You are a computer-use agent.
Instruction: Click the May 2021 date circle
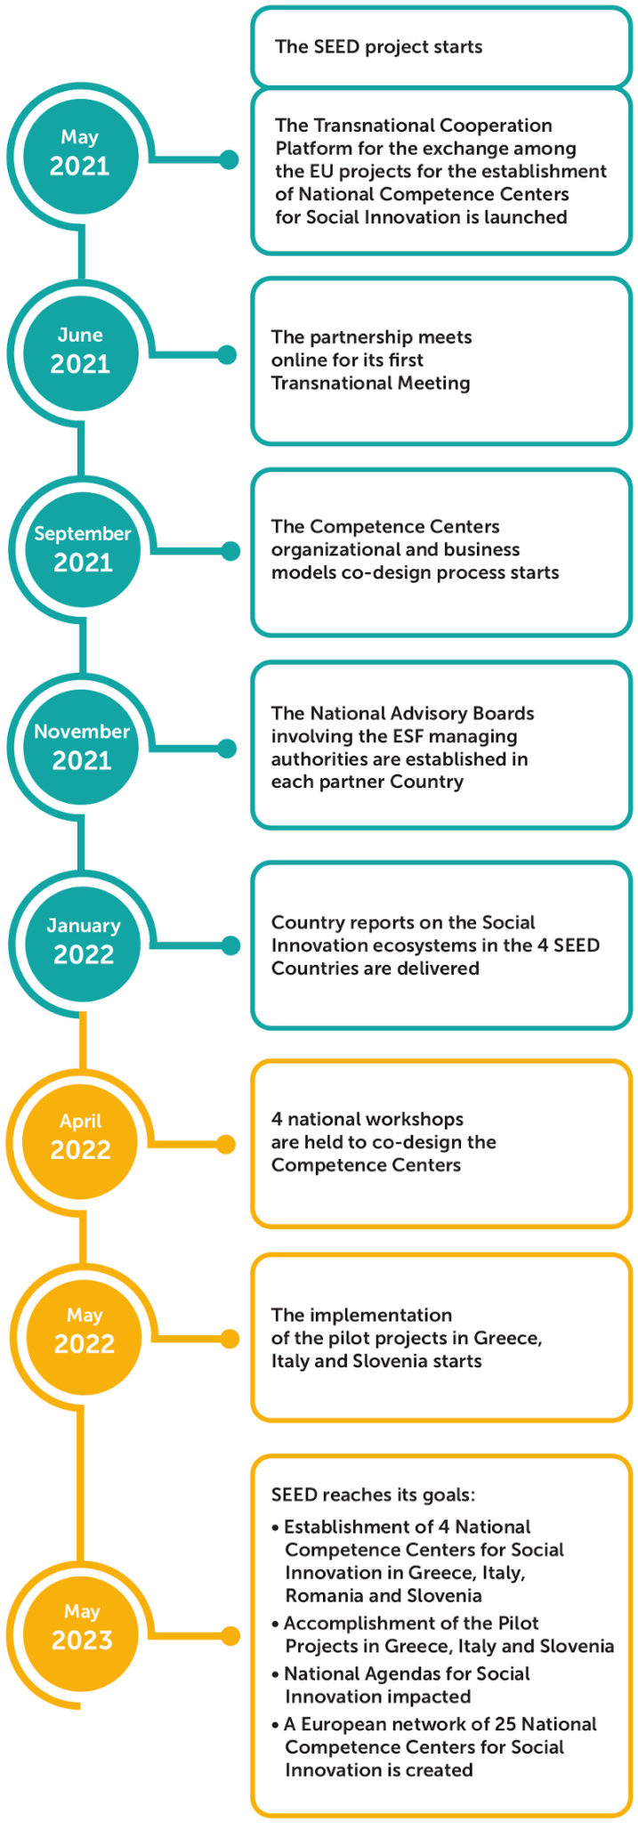point(79,153)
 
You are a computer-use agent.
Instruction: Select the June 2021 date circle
point(80,351)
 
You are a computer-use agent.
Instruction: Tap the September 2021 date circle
point(83,549)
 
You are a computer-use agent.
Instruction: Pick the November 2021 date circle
point(82,747)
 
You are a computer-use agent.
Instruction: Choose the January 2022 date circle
point(83,941)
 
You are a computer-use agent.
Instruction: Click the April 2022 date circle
point(80,1137)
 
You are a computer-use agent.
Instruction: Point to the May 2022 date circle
point(84,1331)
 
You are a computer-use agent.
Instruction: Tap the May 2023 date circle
point(82,1627)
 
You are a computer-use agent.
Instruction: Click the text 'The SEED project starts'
point(378,47)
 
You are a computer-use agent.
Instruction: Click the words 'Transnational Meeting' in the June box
point(370,384)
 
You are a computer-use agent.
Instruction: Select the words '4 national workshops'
point(367,1119)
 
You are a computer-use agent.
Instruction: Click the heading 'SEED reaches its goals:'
point(373,1495)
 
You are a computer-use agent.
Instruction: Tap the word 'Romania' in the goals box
point(324,1595)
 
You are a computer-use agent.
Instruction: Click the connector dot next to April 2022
point(226,1144)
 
